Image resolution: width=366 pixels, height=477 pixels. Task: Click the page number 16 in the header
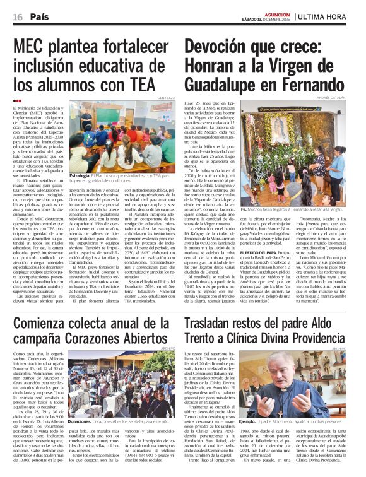pyautogui.click(x=17, y=16)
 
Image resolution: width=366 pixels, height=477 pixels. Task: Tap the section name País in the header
pyautogui.click(x=39, y=16)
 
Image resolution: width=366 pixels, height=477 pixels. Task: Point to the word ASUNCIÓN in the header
pyautogui.click(x=276, y=13)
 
